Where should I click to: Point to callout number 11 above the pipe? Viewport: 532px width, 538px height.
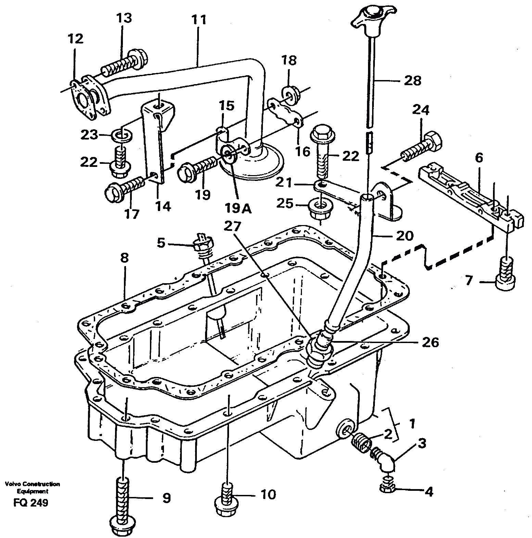pos(199,20)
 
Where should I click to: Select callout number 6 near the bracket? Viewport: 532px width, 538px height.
pos(479,158)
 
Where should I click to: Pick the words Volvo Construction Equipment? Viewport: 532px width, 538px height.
pos(33,487)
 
